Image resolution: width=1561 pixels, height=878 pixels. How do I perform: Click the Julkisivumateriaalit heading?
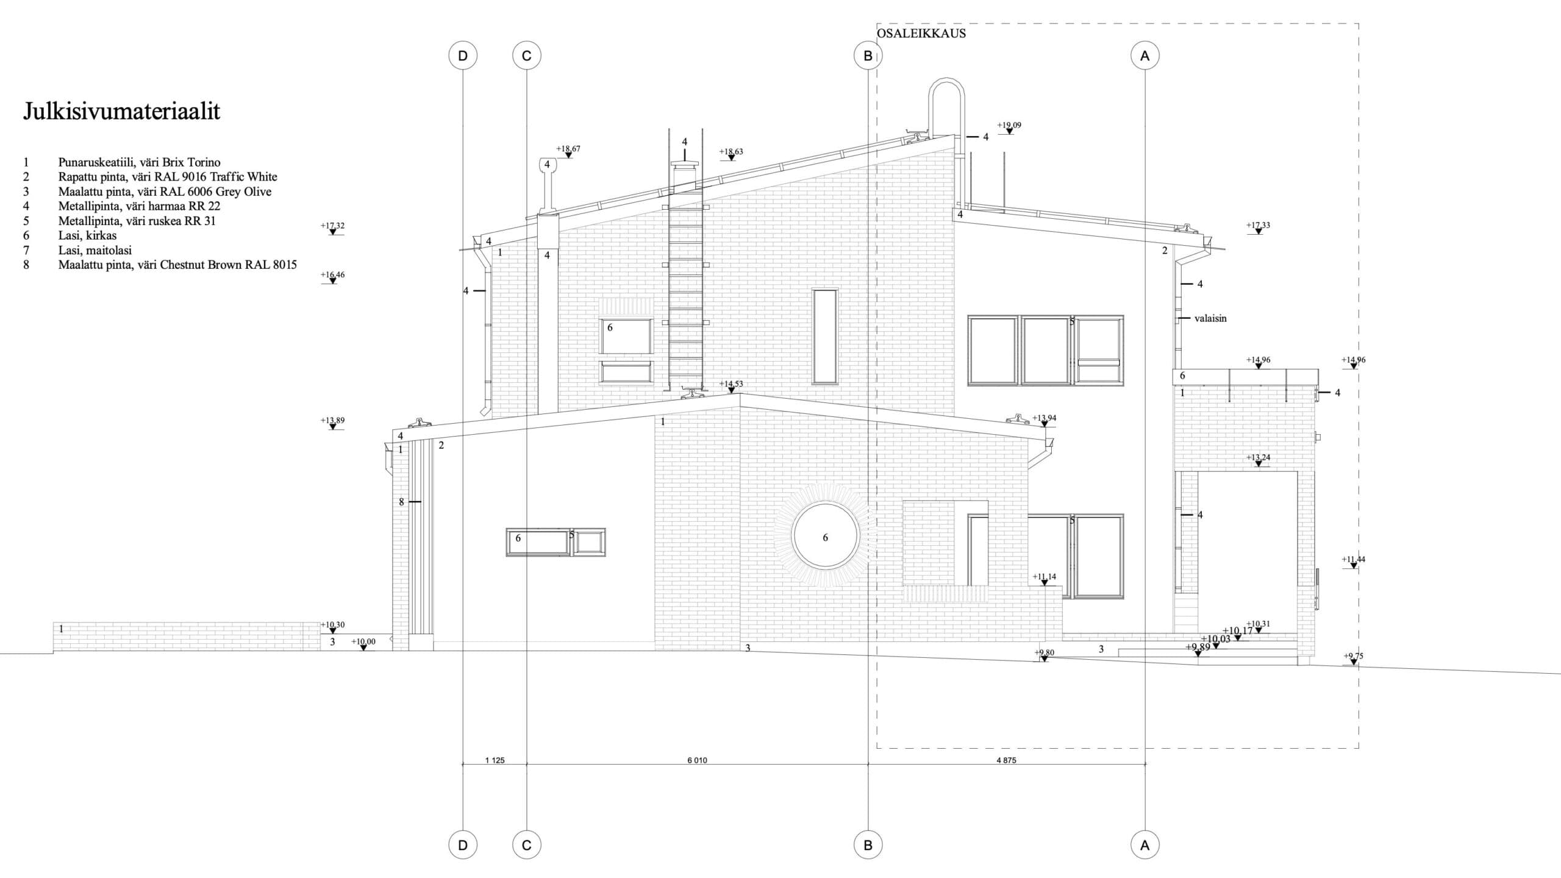pyautogui.click(x=121, y=112)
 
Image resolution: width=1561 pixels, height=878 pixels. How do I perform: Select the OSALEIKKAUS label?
pyautogui.click(x=921, y=34)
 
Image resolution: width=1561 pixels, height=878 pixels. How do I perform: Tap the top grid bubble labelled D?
pyautogui.click(x=463, y=56)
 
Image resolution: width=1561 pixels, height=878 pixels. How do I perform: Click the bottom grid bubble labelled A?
pyautogui.click(x=1145, y=845)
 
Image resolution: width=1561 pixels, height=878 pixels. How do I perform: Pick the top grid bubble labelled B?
pyautogui.click(x=868, y=56)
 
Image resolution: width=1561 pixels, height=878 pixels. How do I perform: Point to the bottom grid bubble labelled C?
pyautogui.click(x=527, y=845)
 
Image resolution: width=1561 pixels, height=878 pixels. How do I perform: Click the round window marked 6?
pyautogui.click(x=825, y=535)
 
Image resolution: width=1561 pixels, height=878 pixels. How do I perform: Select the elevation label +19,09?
pyautogui.click(x=1009, y=126)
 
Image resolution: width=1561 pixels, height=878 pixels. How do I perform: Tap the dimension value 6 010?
pyautogui.click(x=697, y=760)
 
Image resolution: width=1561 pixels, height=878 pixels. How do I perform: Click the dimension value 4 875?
pyautogui.click(x=1006, y=760)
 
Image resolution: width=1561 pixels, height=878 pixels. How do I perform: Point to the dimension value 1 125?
pyautogui.click(x=495, y=760)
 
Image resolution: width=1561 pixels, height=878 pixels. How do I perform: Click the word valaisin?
pyautogui.click(x=1210, y=318)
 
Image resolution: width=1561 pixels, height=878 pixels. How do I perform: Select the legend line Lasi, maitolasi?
pyautogui.click(x=95, y=250)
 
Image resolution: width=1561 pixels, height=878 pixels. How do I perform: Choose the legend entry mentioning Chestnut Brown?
pyautogui.click(x=177, y=265)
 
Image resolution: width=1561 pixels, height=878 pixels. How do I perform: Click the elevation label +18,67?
pyautogui.click(x=568, y=149)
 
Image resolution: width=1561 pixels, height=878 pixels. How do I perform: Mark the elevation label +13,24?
pyautogui.click(x=1258, y=458)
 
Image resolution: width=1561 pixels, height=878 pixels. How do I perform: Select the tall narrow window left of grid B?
pyautogui.click(x=825, y=336)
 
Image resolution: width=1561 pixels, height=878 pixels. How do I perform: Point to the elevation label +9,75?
pyautogui.click(x=1353, y=657)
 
